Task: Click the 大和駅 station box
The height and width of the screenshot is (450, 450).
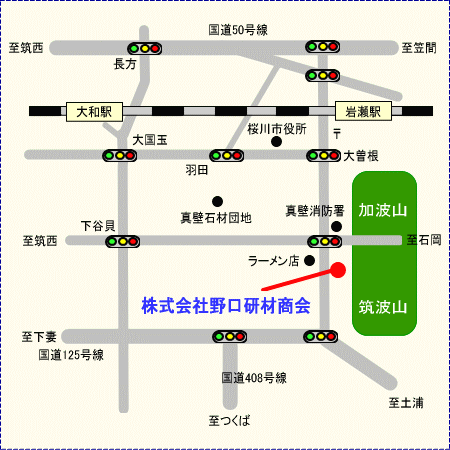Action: pos(94,112)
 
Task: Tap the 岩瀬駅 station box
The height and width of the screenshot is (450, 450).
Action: pos(363,111)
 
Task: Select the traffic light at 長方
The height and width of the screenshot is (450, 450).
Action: pos(145,49)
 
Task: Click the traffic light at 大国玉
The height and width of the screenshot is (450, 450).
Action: pos(119,155)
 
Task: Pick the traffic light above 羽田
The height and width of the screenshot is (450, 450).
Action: pos(227,155)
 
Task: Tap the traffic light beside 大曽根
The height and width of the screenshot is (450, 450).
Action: pos(324,155)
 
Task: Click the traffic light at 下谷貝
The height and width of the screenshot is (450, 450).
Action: pos(123,241)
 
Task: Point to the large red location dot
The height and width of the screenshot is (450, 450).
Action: pos(338,270)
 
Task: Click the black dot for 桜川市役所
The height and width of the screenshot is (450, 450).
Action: pos(276,142)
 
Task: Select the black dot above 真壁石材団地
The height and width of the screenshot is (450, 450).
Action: pos(217,201)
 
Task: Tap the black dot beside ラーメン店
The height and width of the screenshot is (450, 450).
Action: pos(309,260)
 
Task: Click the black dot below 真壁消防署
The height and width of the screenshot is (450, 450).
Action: pos(336,227)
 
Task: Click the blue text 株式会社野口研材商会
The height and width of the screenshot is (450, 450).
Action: pos(226,306)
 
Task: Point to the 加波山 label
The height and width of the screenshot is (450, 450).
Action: pos(383,210)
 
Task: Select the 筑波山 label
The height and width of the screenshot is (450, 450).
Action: pos(383,307)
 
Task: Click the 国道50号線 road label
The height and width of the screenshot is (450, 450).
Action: pos(238,30)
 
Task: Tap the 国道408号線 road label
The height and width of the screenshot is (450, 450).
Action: pos(254,378)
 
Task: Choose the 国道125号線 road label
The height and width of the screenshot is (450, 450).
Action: pos(71,355)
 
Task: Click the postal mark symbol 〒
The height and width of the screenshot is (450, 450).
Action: pos(337,134)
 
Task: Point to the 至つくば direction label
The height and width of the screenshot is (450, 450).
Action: pos(229,421)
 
